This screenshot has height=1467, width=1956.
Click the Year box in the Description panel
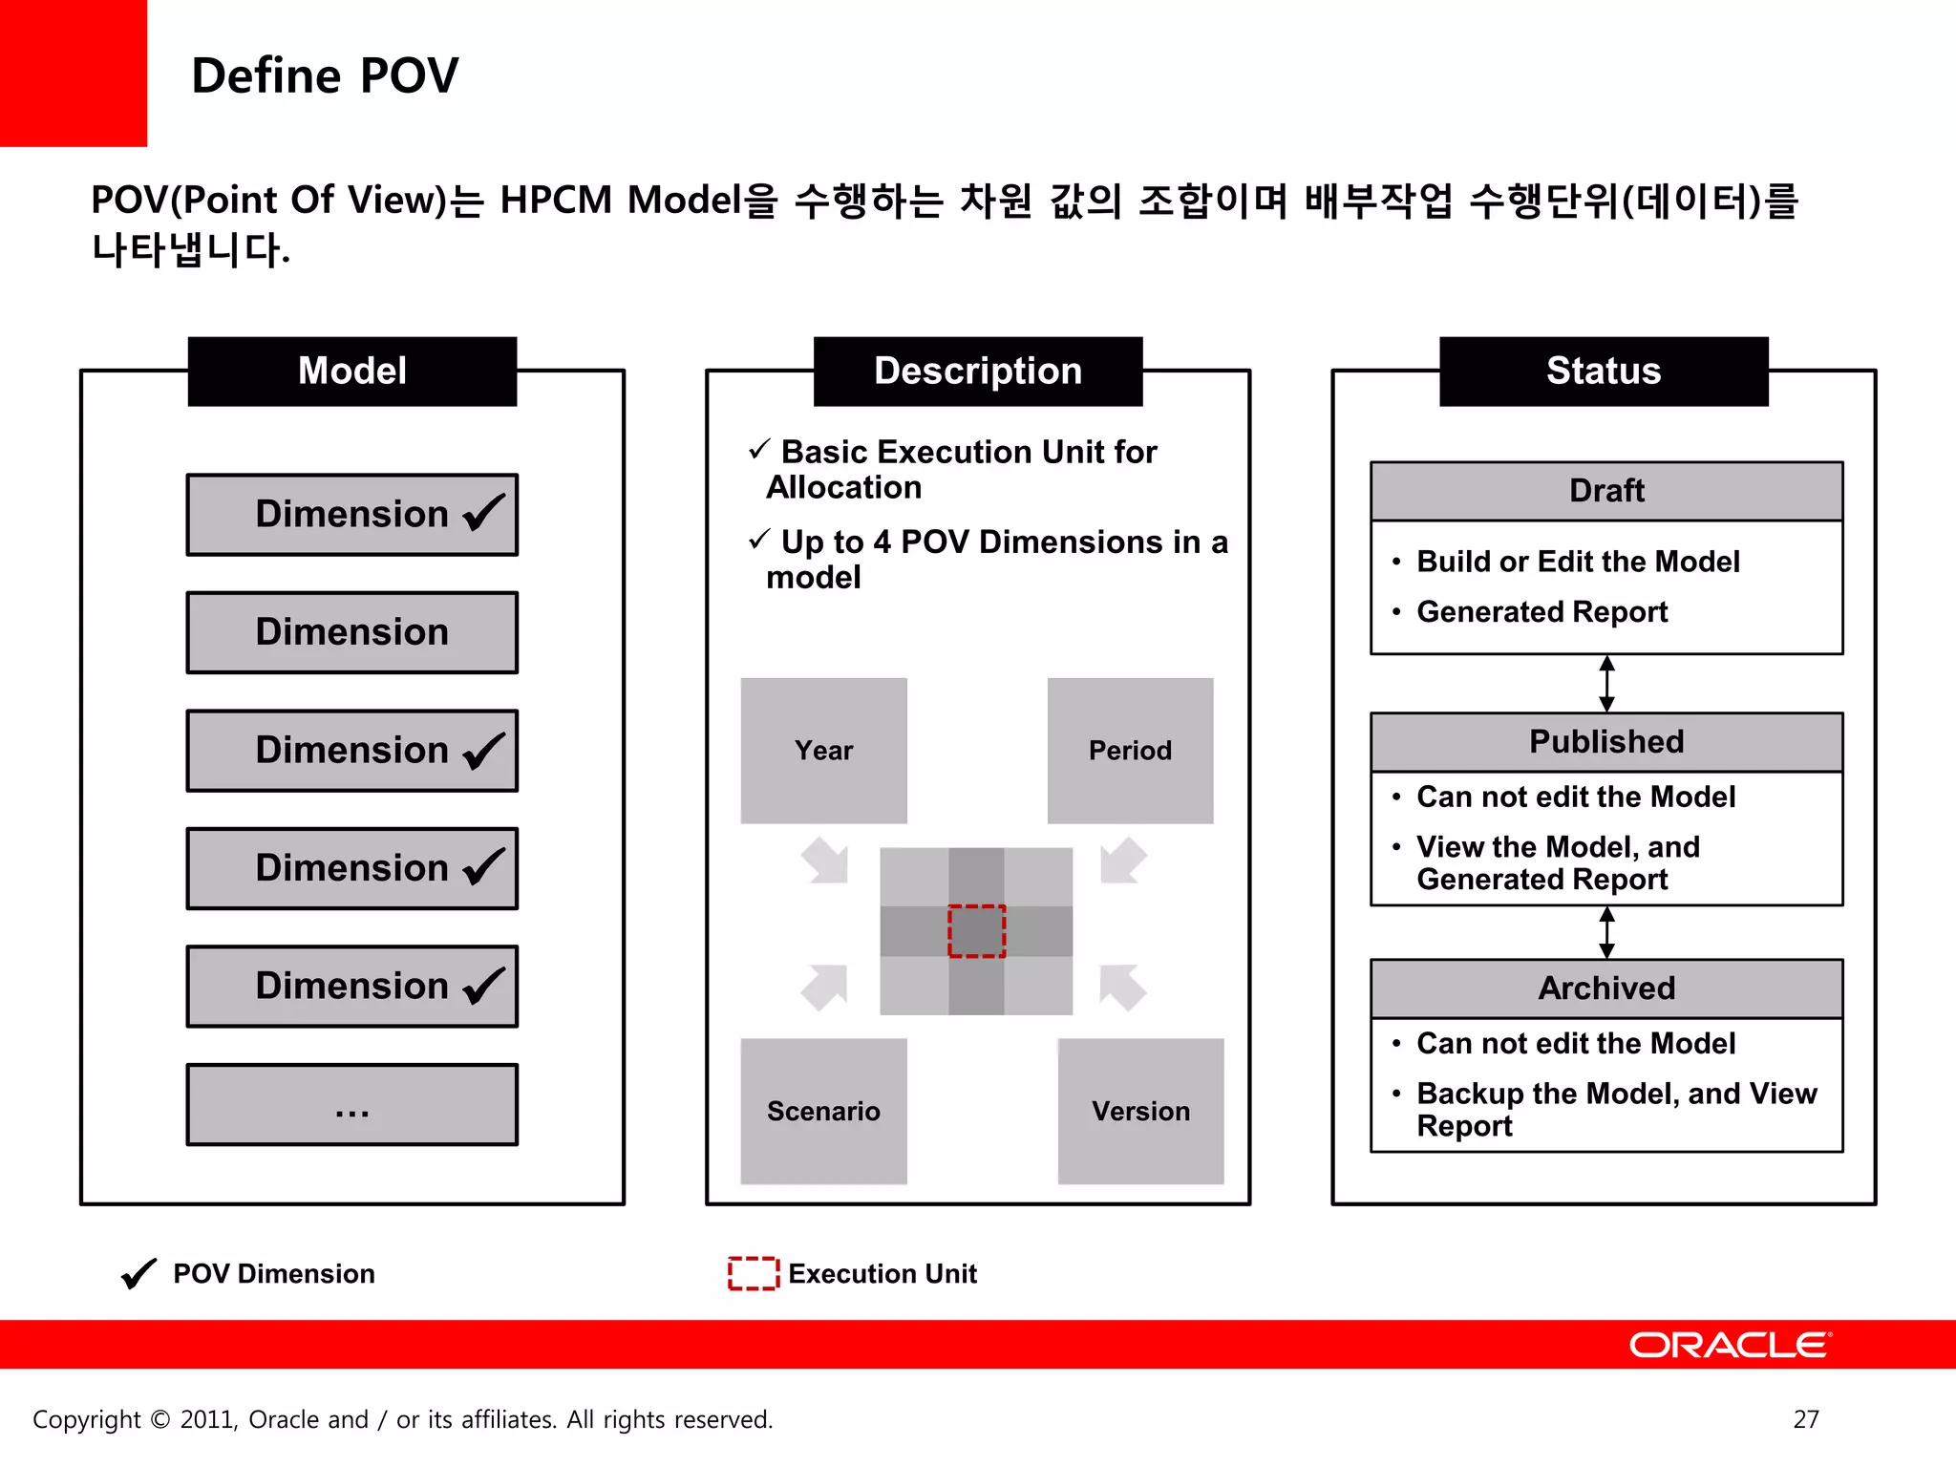pyautogui.click(x=823, y=751)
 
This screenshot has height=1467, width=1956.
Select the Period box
pyautogui.click(x=1130, y=751)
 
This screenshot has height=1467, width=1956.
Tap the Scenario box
pyautogui.click(x=823, y=1111)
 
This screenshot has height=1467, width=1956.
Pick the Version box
pyautogui.click(x=1140, y=1111)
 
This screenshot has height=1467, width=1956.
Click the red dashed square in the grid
pyautogui.click(x=976, y=931)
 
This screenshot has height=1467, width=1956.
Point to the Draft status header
pyautogui.click(x=1606, y=491)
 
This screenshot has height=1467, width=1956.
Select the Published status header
pyautogui.click(x=1606, y=742)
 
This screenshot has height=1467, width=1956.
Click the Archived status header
pyautogui.click(x=1606, y=989)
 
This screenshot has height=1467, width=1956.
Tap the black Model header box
pyautogui.click(x=351, y=372)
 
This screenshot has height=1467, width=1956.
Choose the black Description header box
pyautogui.click(x=977, y=372)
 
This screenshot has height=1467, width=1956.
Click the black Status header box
pyautogui.click(x=1604, y=372)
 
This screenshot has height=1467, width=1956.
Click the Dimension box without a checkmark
pyautogui.click(x=351, y=632)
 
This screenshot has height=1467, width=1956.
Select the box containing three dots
pyautogui.click(x=351, y=1105)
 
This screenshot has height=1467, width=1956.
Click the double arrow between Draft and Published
pyautogui.click(x=1606, y=684)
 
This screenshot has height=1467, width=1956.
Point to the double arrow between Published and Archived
pyautogui.click(x=1606, y=932)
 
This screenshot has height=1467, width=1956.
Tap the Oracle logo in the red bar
pyautogui.click(x=1730, y=1345)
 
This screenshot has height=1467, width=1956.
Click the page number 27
pyautogui.click(x=1805, y=1419)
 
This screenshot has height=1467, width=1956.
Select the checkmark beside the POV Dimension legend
pyautogui.click(x=139, y=1273)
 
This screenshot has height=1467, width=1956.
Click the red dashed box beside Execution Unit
pyautogui.click(x=754, y=1273)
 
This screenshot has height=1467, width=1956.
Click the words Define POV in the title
pyautogui.click(x=325, y=75)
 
